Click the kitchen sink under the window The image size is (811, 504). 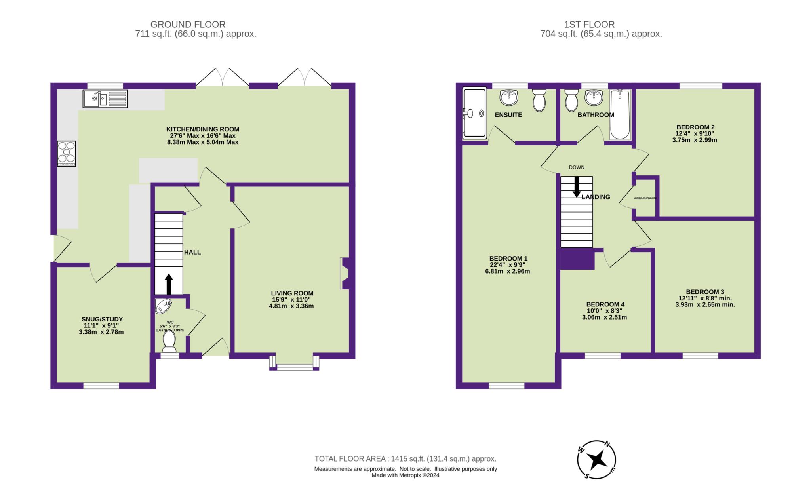tap(105, 99)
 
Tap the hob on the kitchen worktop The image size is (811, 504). tap(66, 154)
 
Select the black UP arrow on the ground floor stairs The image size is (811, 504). tap(169, 283)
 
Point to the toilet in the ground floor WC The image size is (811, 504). tap(169, 341)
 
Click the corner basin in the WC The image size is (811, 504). tap(163, 306)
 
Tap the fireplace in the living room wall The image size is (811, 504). tap(344, 274)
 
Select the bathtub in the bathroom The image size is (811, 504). tap(620, 114)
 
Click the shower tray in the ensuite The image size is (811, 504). tap(474, 114)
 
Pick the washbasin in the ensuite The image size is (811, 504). tap(509, 97)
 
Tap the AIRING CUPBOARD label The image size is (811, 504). tap(645, 198)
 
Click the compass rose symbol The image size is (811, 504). tap(596, 460)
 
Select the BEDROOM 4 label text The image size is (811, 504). tap(605, 304)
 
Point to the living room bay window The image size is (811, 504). tap(294, 367)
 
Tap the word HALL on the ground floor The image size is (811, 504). tap(192, 252)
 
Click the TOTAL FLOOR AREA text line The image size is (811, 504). tap(405, 459)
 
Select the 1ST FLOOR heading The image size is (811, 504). tap(601, 25)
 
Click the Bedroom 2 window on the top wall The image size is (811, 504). tap(701, 85)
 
